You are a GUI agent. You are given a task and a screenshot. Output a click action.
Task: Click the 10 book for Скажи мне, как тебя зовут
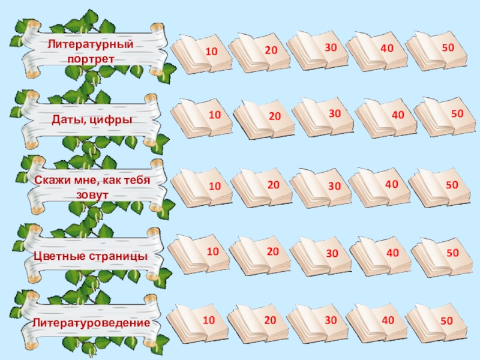pos(202,187)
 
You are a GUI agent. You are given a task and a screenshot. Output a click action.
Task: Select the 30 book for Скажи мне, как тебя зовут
pos(321,187)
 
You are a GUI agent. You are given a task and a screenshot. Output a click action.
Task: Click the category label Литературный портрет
pos(91,52)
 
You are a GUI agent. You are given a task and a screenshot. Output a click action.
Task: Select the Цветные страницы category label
pos(91,256)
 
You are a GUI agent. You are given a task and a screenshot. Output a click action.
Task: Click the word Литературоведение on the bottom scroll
pos(91,323)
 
